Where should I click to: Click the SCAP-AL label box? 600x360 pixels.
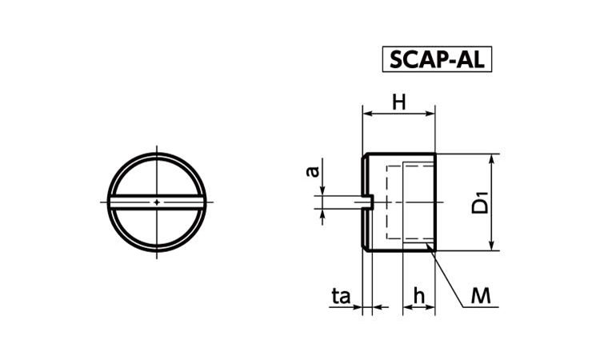437,59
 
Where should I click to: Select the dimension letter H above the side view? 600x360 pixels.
398,102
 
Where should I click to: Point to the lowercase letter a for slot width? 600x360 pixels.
314,170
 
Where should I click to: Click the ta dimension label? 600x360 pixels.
341,297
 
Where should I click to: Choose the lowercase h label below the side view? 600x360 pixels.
418,297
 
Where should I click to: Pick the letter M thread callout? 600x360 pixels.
481,297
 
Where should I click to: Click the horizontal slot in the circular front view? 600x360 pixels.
157,202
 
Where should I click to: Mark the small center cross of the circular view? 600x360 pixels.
157,202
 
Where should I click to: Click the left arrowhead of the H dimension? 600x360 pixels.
367,114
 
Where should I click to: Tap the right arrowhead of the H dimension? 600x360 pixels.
431,114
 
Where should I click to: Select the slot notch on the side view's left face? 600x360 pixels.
367,202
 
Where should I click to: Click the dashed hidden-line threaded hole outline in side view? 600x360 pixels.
388,202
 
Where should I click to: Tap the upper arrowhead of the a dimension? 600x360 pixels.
322,191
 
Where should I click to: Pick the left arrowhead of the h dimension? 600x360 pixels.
406,307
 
